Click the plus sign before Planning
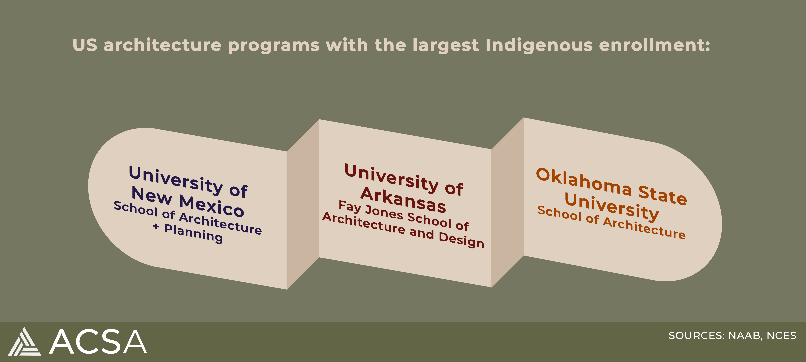[x=156, y=226]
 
